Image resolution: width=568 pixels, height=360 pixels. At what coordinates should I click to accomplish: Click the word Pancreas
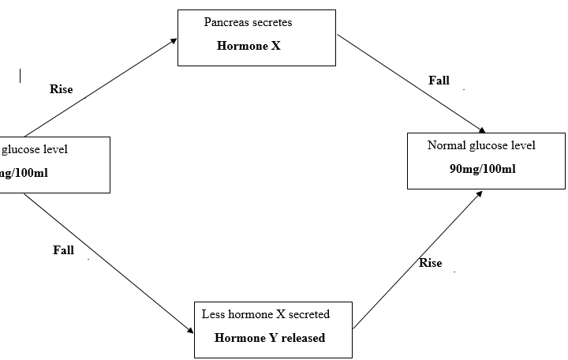pos(224,22)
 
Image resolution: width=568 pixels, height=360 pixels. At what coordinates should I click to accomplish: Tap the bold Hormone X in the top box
pos(248,46)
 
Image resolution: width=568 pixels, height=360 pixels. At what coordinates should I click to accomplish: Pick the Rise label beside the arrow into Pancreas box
pos(61,89)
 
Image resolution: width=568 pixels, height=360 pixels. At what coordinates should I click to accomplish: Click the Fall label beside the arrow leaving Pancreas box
pos(439,81)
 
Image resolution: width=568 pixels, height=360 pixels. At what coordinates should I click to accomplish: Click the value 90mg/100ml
pos(483,169)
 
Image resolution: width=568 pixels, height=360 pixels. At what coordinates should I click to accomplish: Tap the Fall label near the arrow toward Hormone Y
pos(63,250)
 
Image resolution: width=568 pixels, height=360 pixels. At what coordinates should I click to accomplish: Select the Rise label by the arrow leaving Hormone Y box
pos(430,263)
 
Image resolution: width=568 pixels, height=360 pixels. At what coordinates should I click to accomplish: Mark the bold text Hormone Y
pos(244,338)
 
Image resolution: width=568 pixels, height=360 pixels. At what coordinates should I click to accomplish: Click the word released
pos(301,338)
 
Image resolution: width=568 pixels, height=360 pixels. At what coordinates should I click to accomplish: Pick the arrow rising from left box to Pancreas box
pos(101,87)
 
